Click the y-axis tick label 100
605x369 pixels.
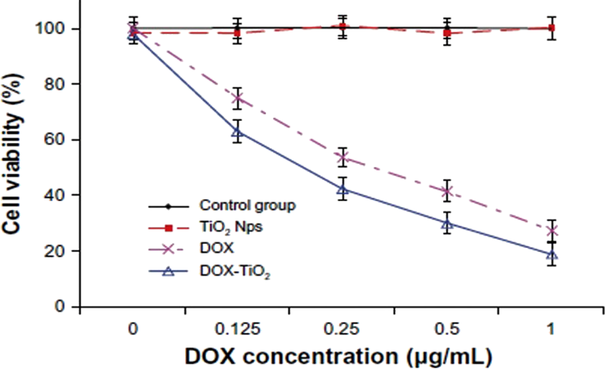[50, 29]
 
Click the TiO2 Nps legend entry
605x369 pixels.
[231, 228]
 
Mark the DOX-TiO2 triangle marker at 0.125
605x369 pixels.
[238, 132]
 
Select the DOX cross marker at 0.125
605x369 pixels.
[238, 99]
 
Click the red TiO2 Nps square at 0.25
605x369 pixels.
[343, 28]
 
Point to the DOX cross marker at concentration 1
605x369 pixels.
[551, 230]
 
